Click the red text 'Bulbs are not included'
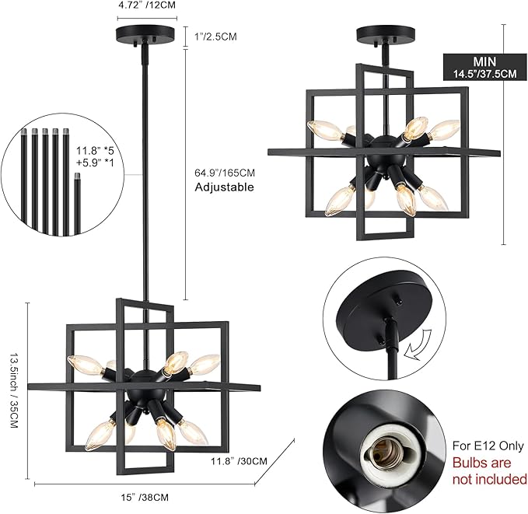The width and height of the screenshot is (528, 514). (489, 471)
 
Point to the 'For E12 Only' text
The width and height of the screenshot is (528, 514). (488, 446)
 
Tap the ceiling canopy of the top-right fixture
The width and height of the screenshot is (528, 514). (384, 35)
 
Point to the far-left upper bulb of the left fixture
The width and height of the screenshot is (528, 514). (82, 362)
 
